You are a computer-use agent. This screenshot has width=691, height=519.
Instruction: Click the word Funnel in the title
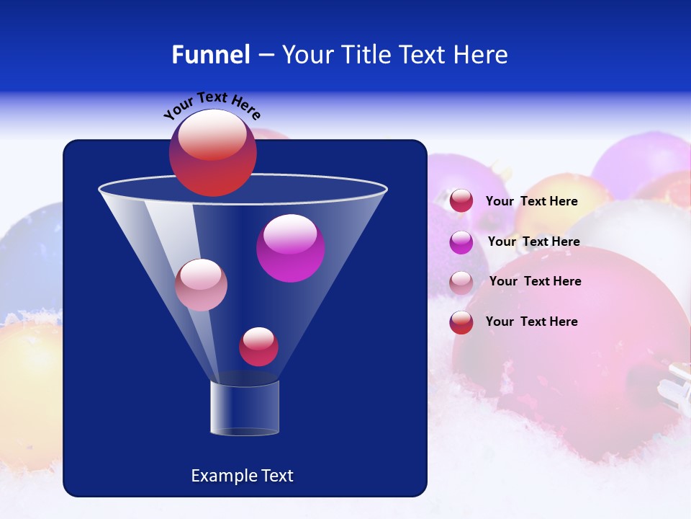click(x=210, y=55)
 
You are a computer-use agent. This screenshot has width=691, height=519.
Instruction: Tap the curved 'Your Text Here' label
click(x=212, y=105)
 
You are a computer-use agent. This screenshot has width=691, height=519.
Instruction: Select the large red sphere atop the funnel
click(x=212, y=153)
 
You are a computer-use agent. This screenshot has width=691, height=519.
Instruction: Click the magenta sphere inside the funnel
click(x=291, y=248)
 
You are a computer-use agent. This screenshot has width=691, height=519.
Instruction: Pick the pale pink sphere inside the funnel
click(x=201, y=285)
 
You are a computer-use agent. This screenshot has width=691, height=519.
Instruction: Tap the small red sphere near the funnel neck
click(x=258, y=347)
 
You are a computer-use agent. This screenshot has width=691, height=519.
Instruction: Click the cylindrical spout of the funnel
click(x=244, y=408)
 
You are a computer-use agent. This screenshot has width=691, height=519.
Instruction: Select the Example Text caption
click(x=242, y=476)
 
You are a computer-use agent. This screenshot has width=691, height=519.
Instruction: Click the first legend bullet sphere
click(x=461, y=201)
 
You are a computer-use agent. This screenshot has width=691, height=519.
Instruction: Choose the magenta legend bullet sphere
click(x=461, y=242)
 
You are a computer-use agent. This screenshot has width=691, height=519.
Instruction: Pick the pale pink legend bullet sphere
click(x=461, y=283)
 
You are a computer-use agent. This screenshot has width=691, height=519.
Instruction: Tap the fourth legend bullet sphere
click(x=461, y=322)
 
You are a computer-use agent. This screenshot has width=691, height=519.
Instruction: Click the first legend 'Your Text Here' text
click(x=531, y=202)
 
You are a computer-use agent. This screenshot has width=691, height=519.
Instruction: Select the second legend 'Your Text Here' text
click(x=533, y=242)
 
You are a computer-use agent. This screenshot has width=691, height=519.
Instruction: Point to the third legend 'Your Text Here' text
click(x=535, y=282)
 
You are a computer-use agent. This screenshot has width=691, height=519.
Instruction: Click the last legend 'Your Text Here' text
click(x=531, y=321)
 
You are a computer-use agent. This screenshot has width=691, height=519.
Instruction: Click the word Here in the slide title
click(x=482, y=55)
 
